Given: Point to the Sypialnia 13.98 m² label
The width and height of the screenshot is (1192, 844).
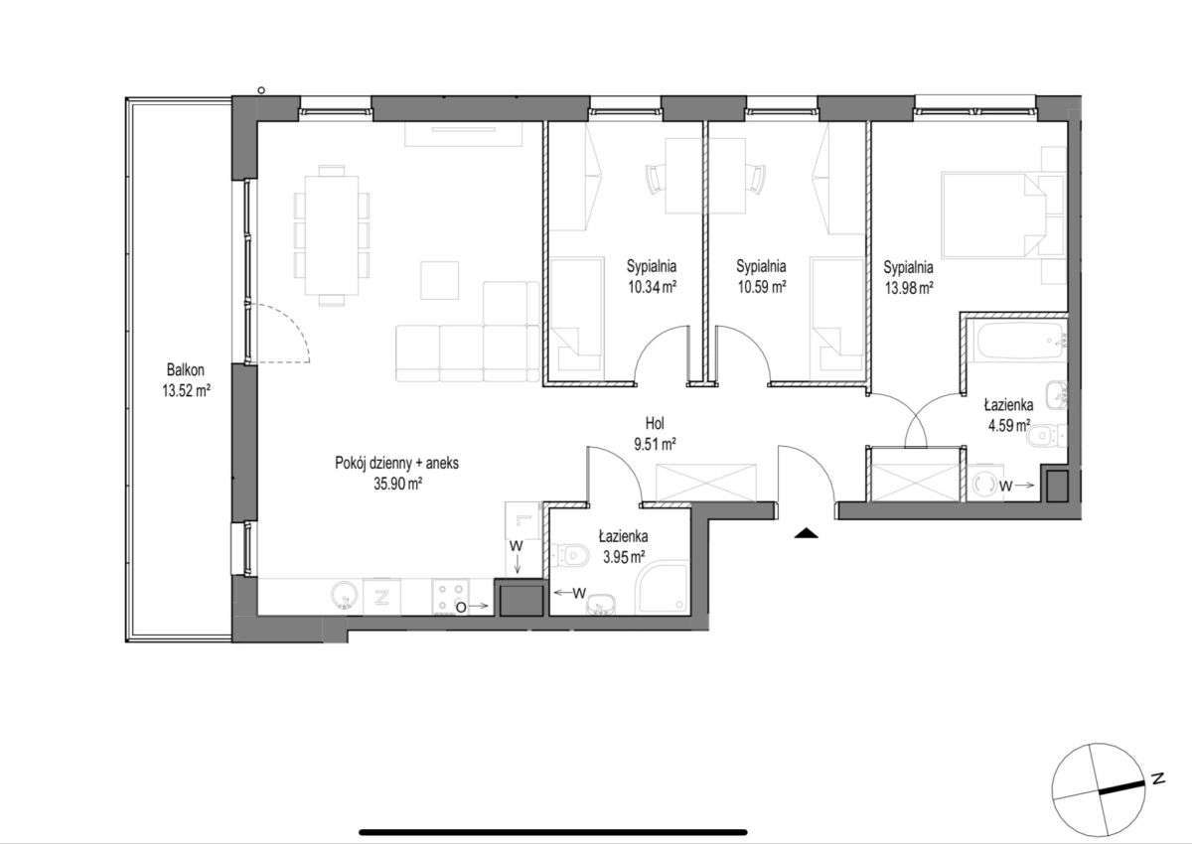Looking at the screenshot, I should pyautogui.click(x=908, y=277).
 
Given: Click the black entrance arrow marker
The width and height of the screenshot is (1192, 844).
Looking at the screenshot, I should pyautogui.click(x=807, y=534).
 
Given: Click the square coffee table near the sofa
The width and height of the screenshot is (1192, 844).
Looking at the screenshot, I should pyautogui.click(x=440, y=279).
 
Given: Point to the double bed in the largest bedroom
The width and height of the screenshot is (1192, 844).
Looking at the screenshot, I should pyautogui.click(x=993, y=214).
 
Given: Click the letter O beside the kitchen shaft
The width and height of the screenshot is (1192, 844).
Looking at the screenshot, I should pyautogui.click(x=460, y=605).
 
